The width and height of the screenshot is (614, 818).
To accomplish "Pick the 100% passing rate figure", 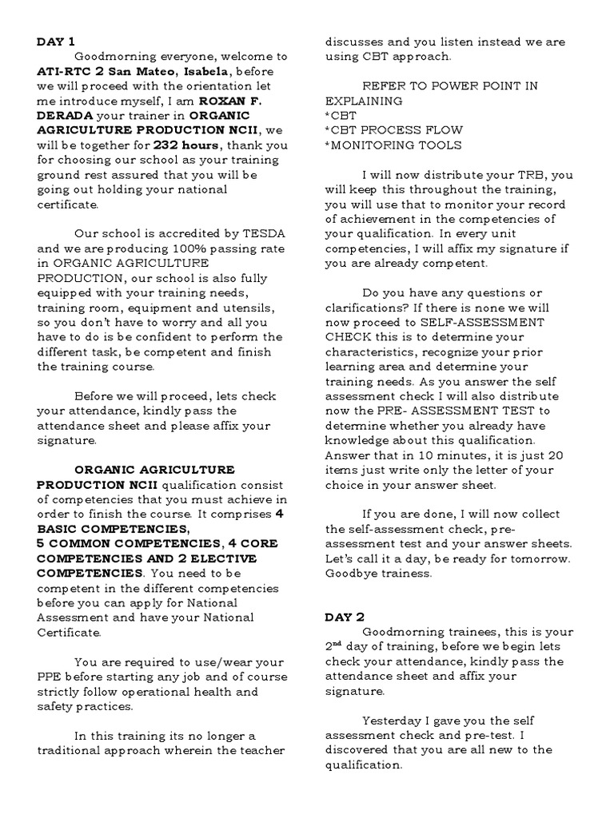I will [x=209, y=248].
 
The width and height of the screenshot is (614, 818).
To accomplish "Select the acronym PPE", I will [x=50, y=677].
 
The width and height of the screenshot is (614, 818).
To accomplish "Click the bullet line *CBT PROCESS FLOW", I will [x=392, y=131].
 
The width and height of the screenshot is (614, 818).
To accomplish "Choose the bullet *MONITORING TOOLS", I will [x=393, y=146].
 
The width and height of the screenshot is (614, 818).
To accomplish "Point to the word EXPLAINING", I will [x=364, y=101].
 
